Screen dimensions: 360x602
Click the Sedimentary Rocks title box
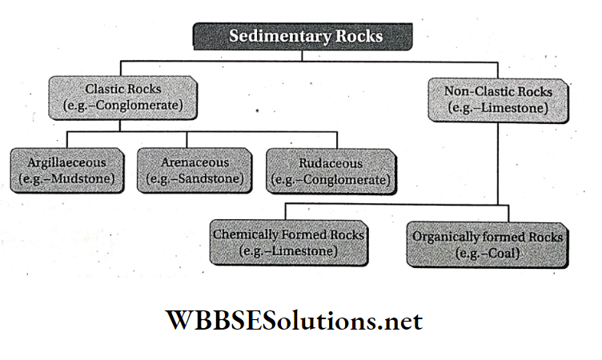[x=302, y=36]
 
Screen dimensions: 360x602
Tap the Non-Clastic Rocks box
[x=498, y=99]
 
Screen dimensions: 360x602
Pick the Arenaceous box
[x=193, y=169]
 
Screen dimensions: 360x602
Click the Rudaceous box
[x=330, y=170]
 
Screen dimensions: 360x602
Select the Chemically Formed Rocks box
[x=288, y=243]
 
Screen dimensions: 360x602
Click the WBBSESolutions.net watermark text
[x=294, y=322]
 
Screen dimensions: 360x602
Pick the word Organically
[x=444, y=238]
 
